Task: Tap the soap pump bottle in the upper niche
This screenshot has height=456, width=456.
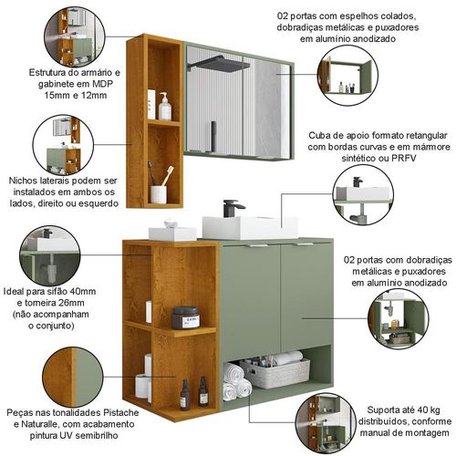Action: (x=165, y=107)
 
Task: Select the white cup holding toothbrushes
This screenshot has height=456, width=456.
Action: (x=159, y=195)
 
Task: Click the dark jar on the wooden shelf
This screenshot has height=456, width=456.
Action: (x=185, y=318)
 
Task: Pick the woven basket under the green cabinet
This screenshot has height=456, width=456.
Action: (x=275, y=373)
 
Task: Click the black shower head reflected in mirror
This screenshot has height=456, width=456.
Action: (x=219, y=63)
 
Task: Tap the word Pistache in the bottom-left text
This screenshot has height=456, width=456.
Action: (x=121, y=412)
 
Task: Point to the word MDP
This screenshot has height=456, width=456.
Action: (x=102, y=84)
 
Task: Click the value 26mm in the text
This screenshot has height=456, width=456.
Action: (x=71, y=303)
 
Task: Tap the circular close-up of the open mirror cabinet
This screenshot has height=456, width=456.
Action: (x=347, y=76)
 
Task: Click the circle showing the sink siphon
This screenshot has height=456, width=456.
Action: (x=50, y=255)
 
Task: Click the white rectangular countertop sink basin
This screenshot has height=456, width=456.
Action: (x=250, y=227)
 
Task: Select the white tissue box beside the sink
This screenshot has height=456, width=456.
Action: (x=172, y=232)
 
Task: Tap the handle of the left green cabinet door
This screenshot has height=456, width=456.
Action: (x=257, y=245)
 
